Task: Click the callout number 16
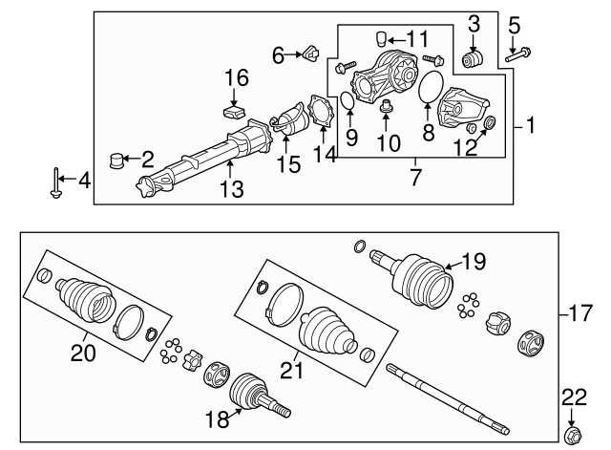coord(236,77)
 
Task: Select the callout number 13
coord(233,191)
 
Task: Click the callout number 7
coord(416,177)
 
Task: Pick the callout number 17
coord(579,311)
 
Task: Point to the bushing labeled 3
coord(473,59)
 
